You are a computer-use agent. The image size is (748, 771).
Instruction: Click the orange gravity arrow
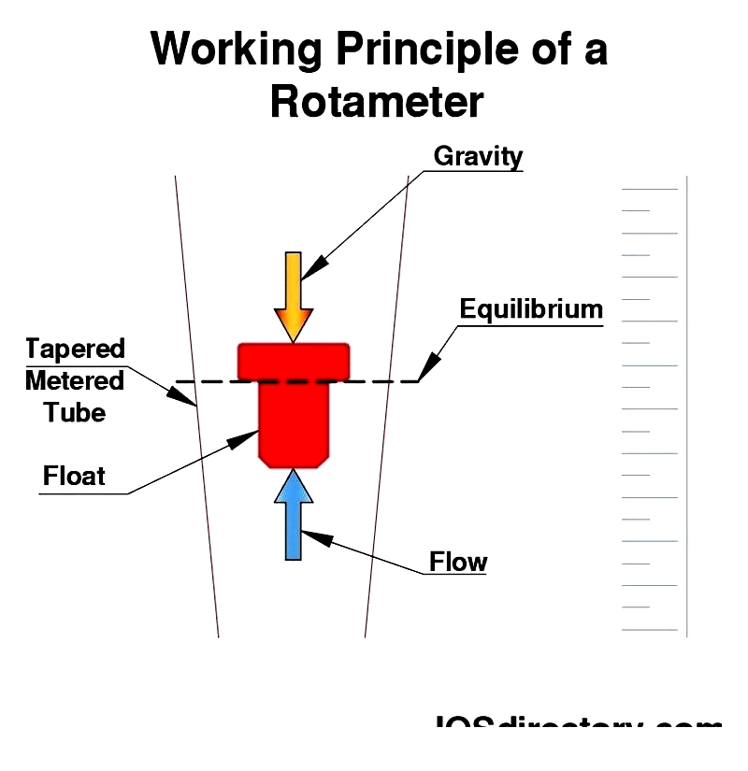(x=294, y=290)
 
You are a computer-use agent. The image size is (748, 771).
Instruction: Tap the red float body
(x=294, y=421)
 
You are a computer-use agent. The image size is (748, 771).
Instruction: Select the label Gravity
(x=478, y=156)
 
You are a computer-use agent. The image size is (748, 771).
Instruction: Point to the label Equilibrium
(x=531, y=309)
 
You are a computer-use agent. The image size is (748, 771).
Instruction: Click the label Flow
(x=458, y=562)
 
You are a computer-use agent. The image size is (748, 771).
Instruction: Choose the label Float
(x=75, y=477)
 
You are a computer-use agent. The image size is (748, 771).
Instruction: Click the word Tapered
(x=75, y=350)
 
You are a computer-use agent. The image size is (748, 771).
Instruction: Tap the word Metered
(x=75, y=381)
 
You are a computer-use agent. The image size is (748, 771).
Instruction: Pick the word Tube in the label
(x=75, y=412)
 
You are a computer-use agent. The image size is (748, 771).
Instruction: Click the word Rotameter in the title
(x=377, y=101)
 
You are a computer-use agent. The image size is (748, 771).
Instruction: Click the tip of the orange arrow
(x=294, y=338)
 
